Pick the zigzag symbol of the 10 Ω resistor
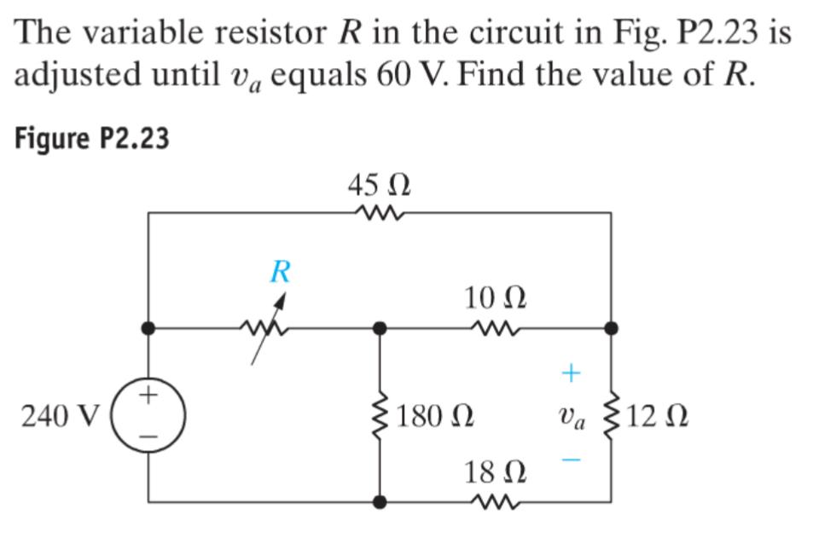[x=495, y=327]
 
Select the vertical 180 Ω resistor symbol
[x=380, y=417]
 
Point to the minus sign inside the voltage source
[x=149, y=437]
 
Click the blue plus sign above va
[x=571, y=373]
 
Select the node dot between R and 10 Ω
[x=380, y=327]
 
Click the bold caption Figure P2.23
[x=92, y=138]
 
